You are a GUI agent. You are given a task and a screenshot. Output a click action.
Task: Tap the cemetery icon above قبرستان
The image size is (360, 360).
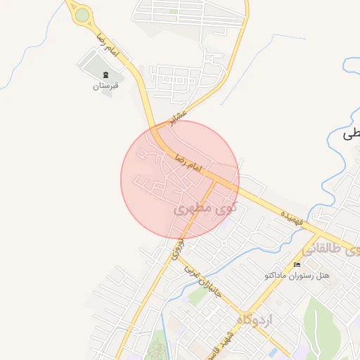coord(105,75)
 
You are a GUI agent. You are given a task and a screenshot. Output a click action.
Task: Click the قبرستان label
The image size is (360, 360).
coord(106,86)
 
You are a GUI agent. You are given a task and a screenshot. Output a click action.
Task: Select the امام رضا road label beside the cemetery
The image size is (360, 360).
coord(107,49)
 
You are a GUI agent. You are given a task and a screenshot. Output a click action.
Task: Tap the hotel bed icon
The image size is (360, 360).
coord(297,264)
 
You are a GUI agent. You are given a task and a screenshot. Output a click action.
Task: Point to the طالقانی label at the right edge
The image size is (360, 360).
coord(330,249)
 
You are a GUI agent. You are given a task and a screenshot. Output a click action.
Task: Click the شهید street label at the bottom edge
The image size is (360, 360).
coord(226,345)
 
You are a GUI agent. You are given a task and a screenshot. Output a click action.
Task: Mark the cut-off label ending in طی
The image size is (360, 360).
coord(350,134)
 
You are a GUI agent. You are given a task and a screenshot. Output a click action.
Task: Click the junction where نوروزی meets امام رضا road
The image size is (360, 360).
coord(214,180)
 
